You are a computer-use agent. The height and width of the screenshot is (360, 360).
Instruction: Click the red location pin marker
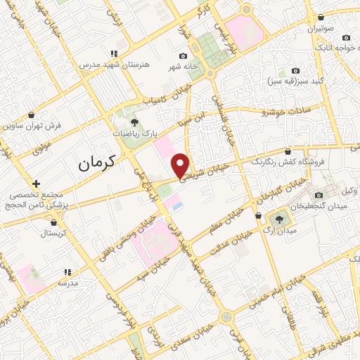click(x=181, y=165)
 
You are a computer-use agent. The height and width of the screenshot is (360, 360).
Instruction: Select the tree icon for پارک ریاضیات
click(x=134, y=122)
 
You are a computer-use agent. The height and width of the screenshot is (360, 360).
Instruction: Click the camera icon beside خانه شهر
click(x=183, y=56)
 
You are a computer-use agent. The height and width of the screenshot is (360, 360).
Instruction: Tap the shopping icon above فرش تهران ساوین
click(x=30, y=115)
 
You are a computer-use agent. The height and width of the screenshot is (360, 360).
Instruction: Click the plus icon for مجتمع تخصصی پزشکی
click(x=35, y=184)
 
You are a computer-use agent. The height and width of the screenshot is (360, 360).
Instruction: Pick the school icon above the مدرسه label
click(x=67, y=271)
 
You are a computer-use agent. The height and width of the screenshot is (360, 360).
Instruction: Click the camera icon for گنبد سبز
click(x=295, y=71)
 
